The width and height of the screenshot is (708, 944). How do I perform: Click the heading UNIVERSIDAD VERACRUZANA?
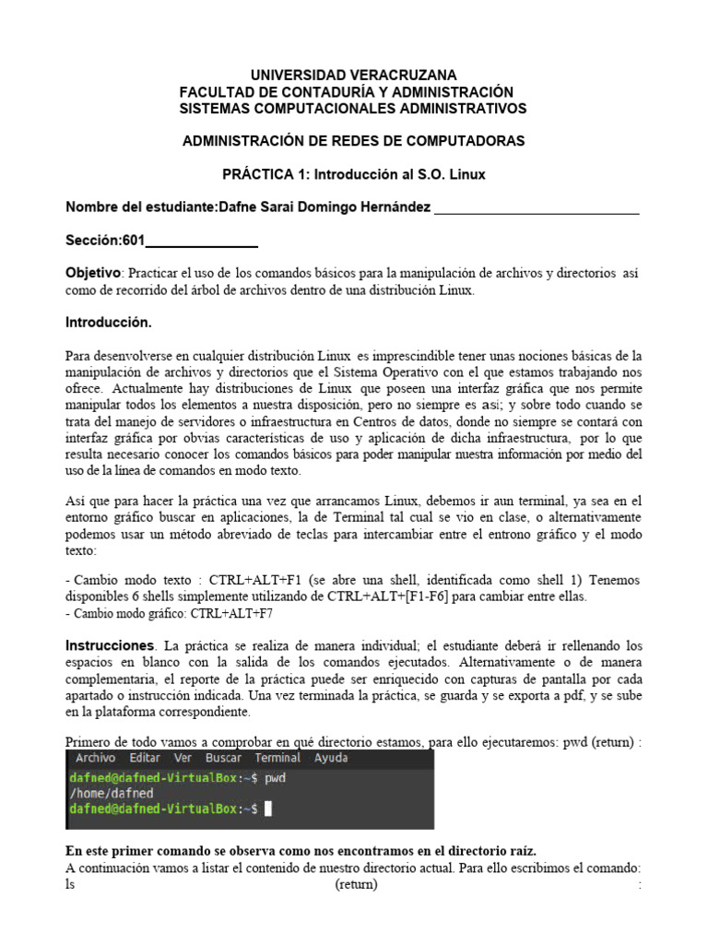[x=353, y=75]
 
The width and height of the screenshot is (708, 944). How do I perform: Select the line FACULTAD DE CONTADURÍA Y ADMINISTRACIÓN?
[x=346, y=91]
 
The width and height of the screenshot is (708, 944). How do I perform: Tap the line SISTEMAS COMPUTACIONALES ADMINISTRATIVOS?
[x=353, y=109]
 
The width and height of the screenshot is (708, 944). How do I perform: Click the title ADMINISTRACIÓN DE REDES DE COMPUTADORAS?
[x=353, y=141]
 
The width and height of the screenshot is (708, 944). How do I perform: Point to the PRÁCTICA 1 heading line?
[x=353, y=174]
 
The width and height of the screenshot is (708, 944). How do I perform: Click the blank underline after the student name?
[x=536, y=208]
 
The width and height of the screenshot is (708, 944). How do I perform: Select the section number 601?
[x=134, y=241]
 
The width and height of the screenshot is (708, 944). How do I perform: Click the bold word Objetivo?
[x=92, y=273]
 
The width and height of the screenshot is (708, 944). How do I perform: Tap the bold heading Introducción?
[x=108, y=324]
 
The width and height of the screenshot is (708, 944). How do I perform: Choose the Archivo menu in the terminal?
[x=96, y=758]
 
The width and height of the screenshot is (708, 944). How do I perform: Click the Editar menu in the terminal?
[x=145, y=758]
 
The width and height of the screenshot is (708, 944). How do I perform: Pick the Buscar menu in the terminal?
[x=223, y=758]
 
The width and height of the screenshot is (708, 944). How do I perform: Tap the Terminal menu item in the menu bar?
[x=277, y=758]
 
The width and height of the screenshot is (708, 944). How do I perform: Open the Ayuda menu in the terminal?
[x=331, y=758]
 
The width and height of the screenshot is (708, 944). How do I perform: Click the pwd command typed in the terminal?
[x=276, y=778]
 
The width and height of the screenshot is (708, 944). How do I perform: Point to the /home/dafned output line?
[x=111, y=793]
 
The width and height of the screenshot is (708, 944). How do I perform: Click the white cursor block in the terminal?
[x=268, y=808]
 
